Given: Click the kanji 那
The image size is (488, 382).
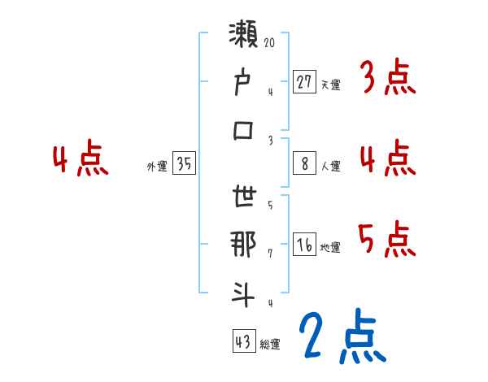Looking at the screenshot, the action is click(243, 245).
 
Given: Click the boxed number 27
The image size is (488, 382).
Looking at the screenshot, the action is click(304, 82).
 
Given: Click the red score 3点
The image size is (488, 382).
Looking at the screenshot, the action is click(386, 79).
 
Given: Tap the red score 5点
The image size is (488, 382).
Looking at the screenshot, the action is click(386, 239).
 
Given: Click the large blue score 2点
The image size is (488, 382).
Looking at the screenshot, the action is click(341, 336).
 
